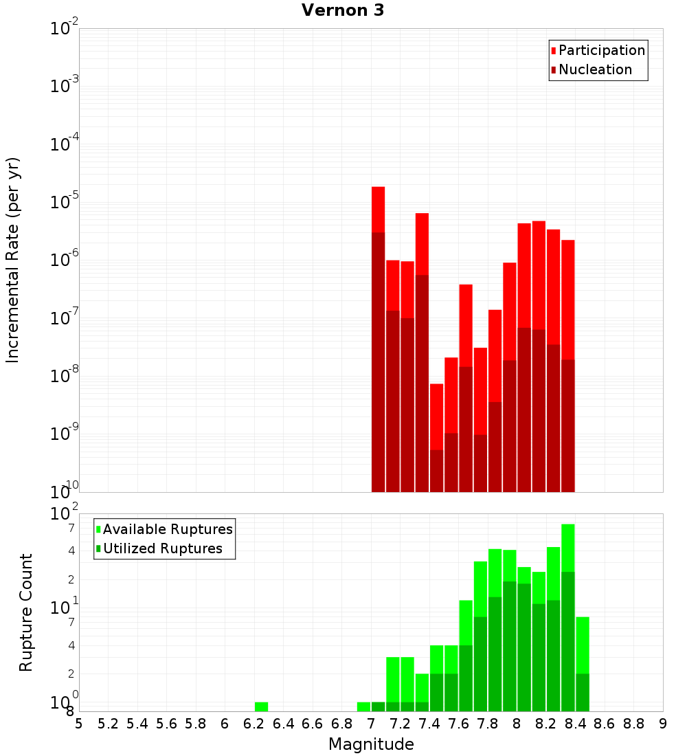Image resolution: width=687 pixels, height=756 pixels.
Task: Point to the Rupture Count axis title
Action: (26, 612)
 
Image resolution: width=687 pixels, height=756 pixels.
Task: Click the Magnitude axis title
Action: (371, 744)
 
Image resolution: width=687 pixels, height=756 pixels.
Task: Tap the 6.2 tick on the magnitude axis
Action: (254, 723)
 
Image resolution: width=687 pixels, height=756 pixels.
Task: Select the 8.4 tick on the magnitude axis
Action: (575, 723)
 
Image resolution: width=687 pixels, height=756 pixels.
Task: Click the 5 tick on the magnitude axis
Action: (79, 723)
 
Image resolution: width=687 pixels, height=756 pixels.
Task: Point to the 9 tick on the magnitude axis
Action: (663, 723)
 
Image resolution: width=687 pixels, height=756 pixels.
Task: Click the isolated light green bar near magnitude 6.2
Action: (261, 707)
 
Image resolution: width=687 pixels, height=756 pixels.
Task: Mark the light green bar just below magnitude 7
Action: (363, 707)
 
